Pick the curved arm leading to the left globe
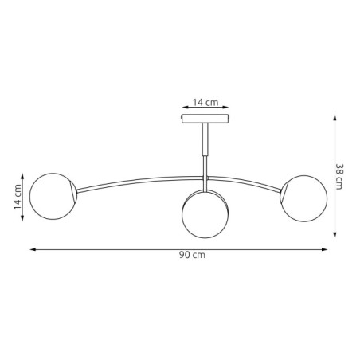(135, 181)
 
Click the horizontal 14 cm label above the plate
(205, 102)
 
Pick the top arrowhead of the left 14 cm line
(25, 175)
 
